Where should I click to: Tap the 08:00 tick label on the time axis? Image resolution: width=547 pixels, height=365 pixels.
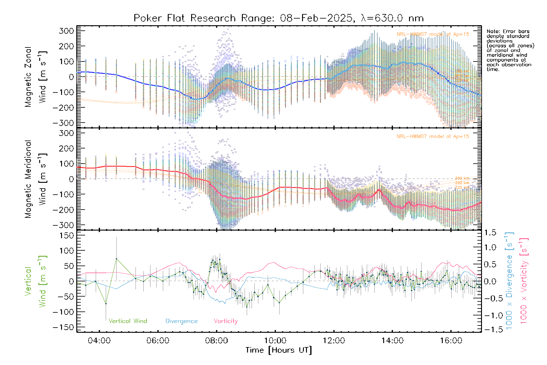click(216, 341)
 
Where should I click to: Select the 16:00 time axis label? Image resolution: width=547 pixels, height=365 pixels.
click(451, 341)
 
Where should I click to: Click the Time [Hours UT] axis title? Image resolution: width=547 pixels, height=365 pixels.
click(279, 350)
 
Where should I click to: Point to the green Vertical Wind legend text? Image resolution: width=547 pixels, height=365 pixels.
click(128, 321)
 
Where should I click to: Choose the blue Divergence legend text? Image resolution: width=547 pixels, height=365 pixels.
click(181, 321)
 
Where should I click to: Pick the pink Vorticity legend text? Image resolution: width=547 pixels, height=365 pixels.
click(225, 321)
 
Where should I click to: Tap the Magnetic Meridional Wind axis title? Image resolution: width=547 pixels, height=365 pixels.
click(36, 179)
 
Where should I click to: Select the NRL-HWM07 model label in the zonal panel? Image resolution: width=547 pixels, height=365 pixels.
click(433, 34)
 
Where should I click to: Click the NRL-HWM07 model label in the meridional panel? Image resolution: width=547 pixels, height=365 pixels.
click(433, 137)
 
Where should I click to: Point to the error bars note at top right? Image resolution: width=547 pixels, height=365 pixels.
click(510, 50)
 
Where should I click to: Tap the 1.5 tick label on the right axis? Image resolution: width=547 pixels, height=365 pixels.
click(490, 233)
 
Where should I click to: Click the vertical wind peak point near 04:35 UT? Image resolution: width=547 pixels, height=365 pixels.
click(116, 259)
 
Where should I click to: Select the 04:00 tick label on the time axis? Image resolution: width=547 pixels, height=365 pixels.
click(99, 341)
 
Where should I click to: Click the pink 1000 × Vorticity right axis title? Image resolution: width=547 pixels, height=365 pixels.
click(524, 281)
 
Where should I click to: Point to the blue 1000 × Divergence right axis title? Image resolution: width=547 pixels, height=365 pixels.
click(509, 281)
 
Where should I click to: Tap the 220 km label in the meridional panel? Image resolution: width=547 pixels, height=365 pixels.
click(462, 187)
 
